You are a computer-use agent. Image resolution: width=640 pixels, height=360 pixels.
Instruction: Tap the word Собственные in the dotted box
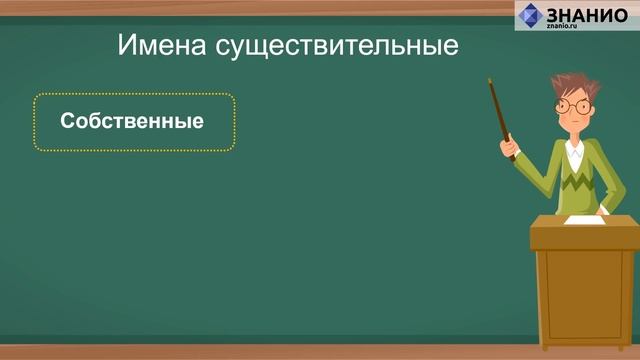(132, 123)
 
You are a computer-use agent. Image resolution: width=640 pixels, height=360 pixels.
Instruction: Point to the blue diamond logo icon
(530, 17)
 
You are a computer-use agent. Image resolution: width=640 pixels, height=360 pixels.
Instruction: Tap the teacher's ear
(599, 109)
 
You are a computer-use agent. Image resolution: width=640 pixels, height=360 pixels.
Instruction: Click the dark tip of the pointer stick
(491, 83)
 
